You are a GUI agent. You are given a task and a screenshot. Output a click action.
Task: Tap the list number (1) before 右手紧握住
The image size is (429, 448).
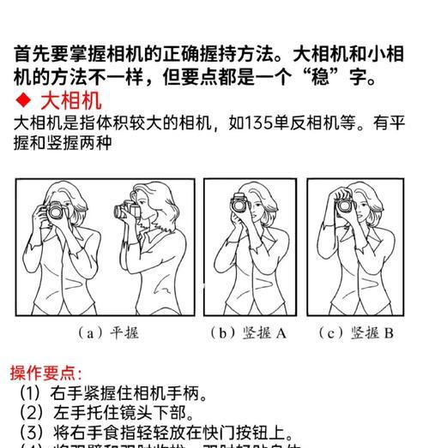[x=33, y=394]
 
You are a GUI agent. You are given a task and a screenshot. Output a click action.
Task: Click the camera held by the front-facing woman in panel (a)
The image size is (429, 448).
[x=57, y=211]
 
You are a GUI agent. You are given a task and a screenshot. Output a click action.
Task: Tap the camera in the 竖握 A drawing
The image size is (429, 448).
[x=239, y=205]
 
